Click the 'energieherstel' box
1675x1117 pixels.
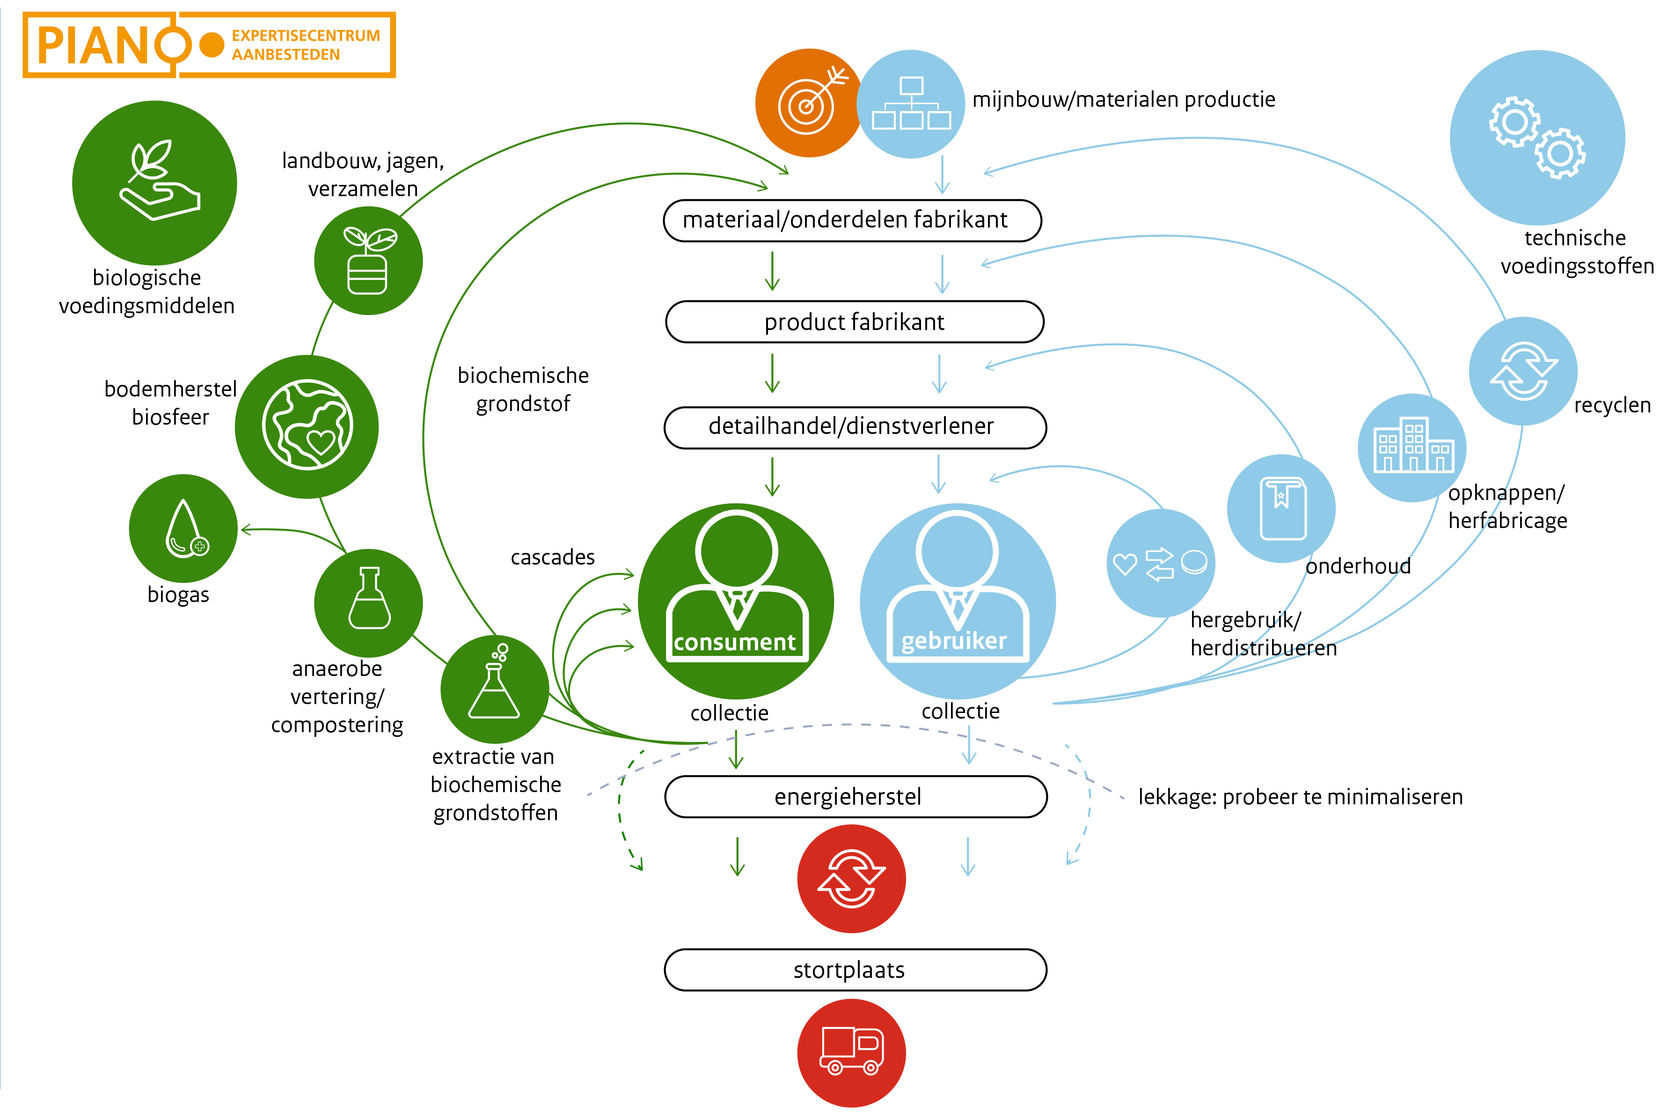(x=856, y=796)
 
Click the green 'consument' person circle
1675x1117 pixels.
(x=736, y=601)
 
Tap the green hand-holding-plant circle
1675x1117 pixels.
(x=154, y=183)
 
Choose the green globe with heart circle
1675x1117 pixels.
(x=307, y=426)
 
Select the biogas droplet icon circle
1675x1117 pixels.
(x=183, y=528)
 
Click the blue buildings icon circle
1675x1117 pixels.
(x=1412, y=448)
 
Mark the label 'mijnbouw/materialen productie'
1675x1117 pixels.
(x=1123, y=99)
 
